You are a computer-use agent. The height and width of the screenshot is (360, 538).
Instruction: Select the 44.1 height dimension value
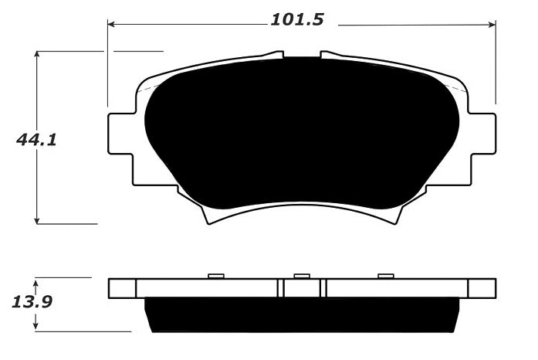(x=37, y=140)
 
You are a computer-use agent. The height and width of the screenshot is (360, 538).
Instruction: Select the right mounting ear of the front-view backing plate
(x=482, y=132)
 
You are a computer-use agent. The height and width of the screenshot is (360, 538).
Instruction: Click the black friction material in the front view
(x=301, y=131)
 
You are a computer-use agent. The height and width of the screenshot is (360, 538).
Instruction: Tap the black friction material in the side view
(x=301, y=315)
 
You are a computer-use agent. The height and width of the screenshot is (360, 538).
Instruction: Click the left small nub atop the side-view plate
(x=216, y=275)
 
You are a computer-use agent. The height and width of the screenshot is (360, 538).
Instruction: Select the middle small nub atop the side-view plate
(x=302, y=275)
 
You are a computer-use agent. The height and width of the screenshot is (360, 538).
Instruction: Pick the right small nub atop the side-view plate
(x=386, y=275)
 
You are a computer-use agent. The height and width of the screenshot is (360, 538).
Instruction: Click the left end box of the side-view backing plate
(x=122, y=288)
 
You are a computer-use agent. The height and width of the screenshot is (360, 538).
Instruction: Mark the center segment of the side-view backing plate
(x=302, y=288)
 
